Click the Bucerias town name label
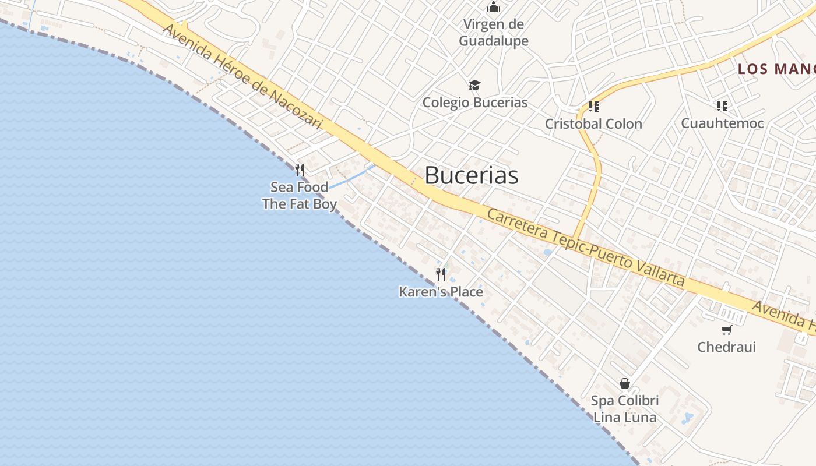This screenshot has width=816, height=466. coord(471,175)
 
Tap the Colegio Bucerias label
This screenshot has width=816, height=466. coord(474,103)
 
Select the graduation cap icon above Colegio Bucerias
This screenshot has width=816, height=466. coord(475,86)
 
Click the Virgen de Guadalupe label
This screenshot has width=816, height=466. coord(494,33)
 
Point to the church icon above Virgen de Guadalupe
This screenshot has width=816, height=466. coord(494,8)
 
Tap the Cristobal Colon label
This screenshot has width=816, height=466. coord(593,123)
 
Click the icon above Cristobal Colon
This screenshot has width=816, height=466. coord(593,107)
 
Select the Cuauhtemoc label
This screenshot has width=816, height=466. coord(722,123)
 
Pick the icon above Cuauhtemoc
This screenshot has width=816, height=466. coord(722,106)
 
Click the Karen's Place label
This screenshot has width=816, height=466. coord(441,291)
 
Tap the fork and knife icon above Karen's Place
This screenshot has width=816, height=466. coord(441,274)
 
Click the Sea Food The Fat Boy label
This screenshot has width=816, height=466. coord(300,196)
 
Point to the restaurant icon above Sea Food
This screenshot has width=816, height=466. coord(300,170)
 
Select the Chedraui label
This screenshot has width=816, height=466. coord(726,347)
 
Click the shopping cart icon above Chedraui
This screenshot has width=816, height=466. coord(726,330)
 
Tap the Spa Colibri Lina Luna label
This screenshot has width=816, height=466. coord(625,409)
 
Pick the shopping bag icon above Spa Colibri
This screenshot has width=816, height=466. coord(625,383)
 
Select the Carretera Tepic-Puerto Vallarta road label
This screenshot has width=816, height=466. coord(585,248)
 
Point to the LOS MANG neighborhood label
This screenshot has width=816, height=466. coord(776,69)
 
